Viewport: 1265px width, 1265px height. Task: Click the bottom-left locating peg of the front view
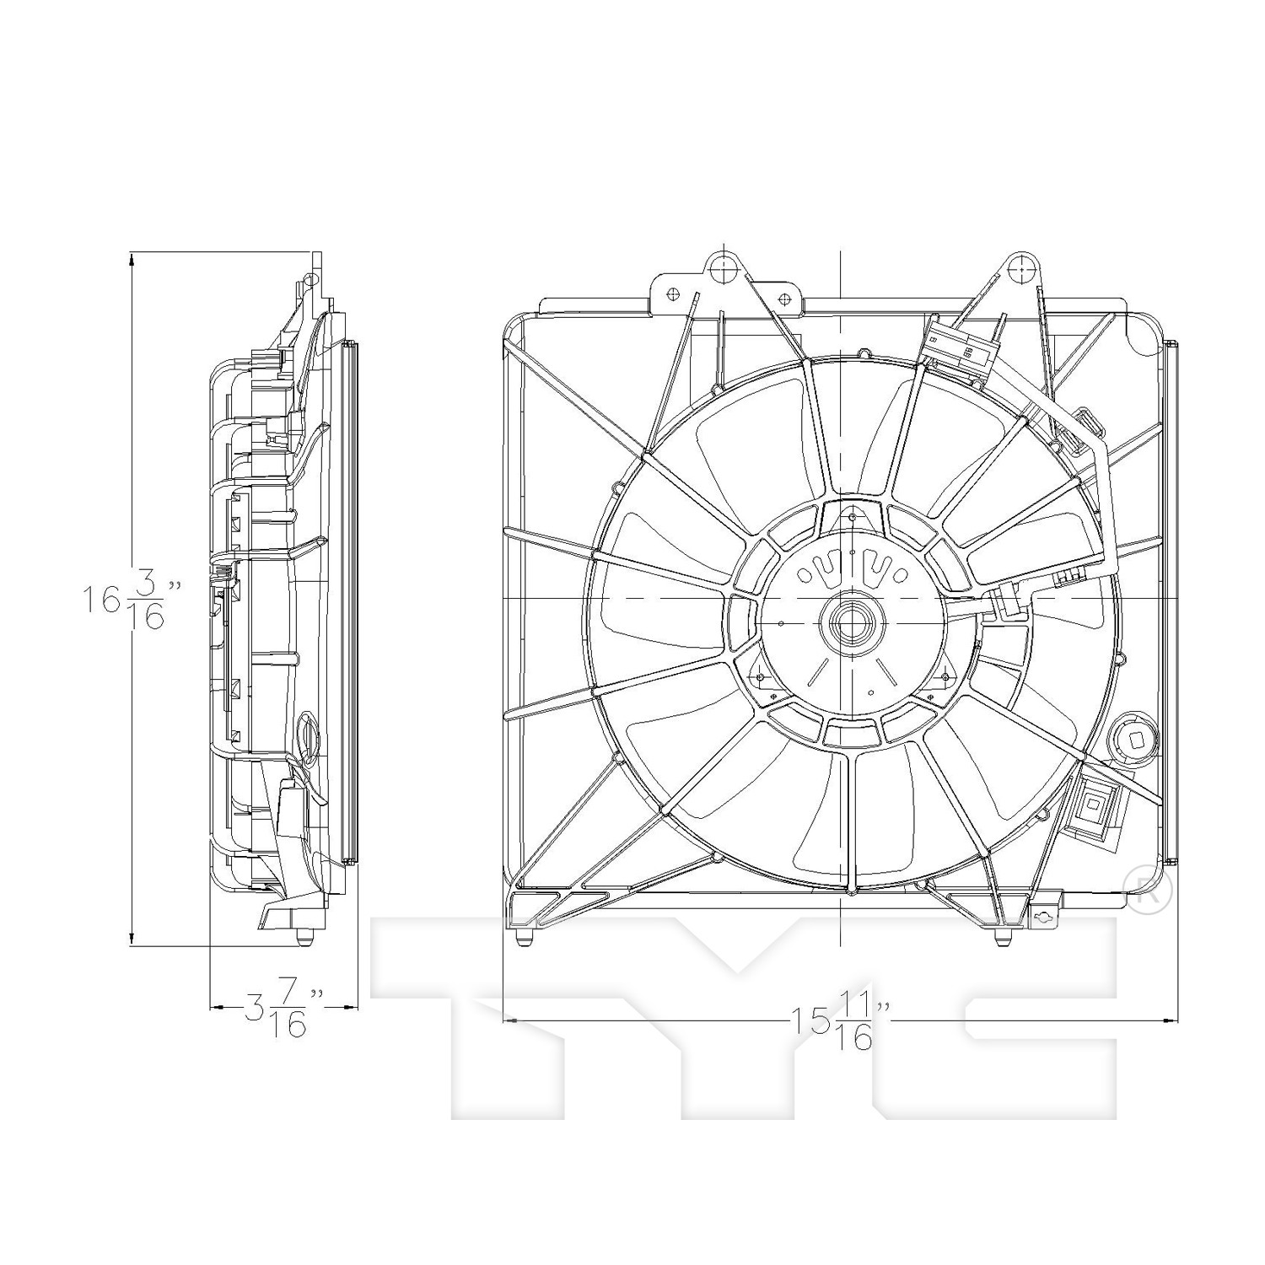point(524,937)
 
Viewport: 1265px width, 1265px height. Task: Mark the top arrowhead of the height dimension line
point(132,261)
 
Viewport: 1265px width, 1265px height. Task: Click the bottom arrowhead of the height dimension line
point(132,937)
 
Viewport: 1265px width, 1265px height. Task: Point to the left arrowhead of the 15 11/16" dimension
point(512,1021)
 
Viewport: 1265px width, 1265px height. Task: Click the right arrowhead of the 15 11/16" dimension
point(1169,1021)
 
